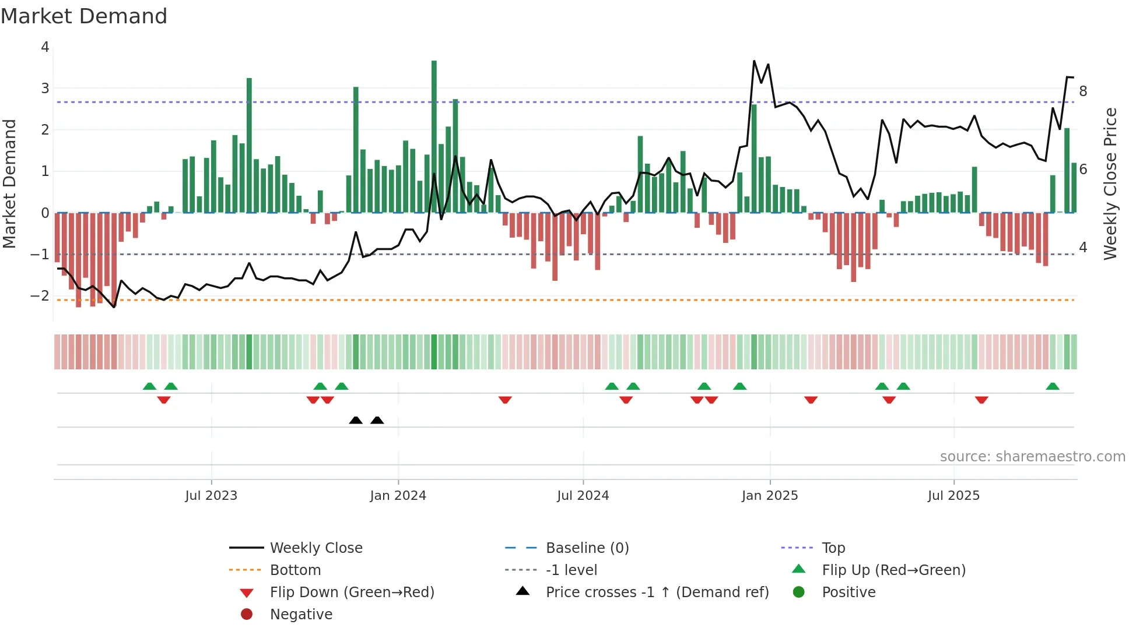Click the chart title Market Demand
tap(84, 16)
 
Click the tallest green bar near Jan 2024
tap(434, 136)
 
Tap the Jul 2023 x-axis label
tap(211, 496)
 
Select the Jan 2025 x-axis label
tap(770, 496)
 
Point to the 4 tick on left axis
tap(45, 47)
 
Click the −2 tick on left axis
tap(40, 296)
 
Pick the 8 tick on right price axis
tap(1083, 91)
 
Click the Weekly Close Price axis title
tap(1110, 184)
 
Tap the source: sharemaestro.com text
tap(1032, 457)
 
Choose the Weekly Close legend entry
tap(316, 548)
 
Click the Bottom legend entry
tap(295, 570)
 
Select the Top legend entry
tap(833, 548)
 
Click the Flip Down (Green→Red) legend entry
tap(352, 592)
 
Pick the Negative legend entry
tap(301, 615)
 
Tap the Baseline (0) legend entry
tap(587, 548)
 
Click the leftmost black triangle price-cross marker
tap(356, 421)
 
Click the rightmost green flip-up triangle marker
tap(1053, 387)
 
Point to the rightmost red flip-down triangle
tap(981, 400)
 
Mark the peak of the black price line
tap(754, 61)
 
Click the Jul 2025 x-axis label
tap(953, 496)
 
